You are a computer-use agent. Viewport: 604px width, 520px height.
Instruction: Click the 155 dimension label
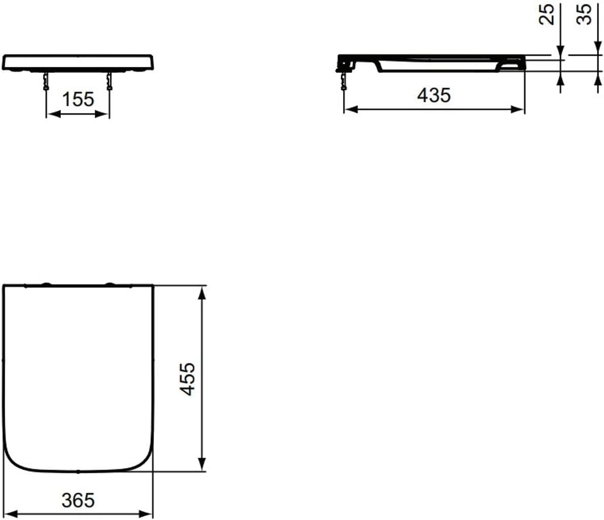coord(78,99)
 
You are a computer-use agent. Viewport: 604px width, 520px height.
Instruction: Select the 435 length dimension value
coord(434,95)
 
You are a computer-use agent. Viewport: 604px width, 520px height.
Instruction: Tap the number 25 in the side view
coord(547,14)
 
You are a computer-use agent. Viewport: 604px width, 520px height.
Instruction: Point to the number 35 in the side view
coord(584,14)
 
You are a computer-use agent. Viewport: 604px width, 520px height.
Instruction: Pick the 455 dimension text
coord(188,379)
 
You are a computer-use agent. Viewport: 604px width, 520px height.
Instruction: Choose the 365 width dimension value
coord(78,500)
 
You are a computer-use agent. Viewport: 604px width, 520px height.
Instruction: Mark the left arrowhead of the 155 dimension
coord(52,114)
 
